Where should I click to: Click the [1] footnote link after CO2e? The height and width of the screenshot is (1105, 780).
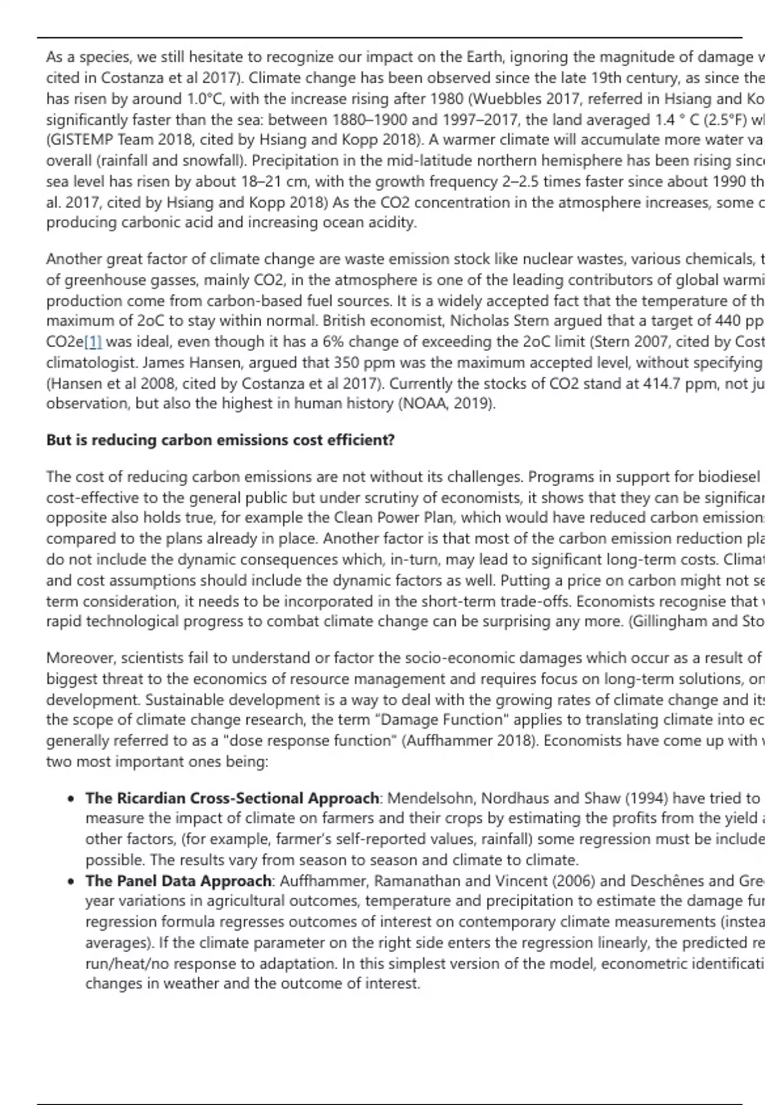click(x=93, y=342)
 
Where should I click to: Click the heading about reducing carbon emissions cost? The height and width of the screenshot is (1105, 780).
click(x=220, y=440)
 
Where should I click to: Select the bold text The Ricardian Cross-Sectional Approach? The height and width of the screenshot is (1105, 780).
click(x=232, y=798)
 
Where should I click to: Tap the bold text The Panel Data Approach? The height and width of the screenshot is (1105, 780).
click(x=178, y=881)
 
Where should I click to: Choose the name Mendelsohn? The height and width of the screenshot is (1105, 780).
click(x=430, y=798)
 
